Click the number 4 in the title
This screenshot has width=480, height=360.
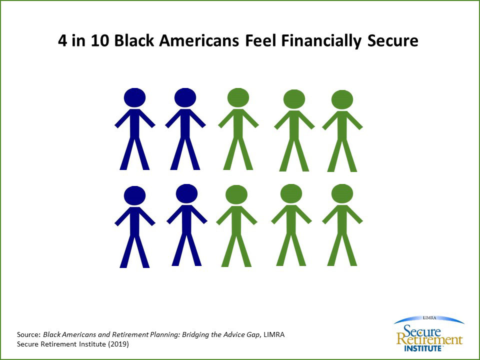(62, 40)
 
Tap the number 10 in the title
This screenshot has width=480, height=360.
(100, 40)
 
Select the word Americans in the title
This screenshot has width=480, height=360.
(199, 40)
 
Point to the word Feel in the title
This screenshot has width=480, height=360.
(261, 40)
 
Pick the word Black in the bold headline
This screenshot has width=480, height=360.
(134, 40)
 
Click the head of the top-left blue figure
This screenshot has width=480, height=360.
(134, 97)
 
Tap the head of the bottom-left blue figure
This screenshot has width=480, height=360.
(134, 195)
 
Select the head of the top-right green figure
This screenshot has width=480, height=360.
(342, 99)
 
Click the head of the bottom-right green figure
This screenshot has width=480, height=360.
(342, 193)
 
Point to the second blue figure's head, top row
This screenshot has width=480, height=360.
(185, 97)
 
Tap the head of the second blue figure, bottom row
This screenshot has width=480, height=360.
(186, 193)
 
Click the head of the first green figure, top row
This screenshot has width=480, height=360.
(238, 97)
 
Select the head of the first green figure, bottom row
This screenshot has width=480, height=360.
(236, 194)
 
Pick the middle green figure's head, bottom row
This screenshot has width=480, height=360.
(291, 193)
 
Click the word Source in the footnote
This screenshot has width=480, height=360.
(28, 334)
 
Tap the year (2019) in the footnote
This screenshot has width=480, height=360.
(118, 344)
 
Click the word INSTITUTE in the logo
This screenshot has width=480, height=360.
(423, 348)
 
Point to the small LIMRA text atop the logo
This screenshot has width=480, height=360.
(429, 318)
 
